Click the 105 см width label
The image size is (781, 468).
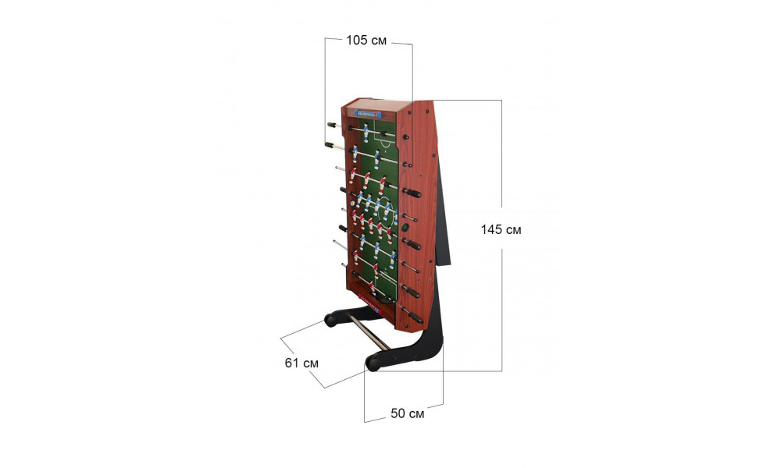(366, 41)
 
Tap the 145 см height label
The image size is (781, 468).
(501, 230)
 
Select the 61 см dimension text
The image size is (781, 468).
(301, 363)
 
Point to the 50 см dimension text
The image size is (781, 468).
(408, 413)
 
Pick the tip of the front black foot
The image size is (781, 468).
(370, 364)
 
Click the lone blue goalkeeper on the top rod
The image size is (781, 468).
(366, 132)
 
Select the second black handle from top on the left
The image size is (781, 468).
(330, 145)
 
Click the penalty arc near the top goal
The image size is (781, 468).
(385, 144)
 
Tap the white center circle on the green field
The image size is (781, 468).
(385, 214)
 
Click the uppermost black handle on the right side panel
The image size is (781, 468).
(405, 136)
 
